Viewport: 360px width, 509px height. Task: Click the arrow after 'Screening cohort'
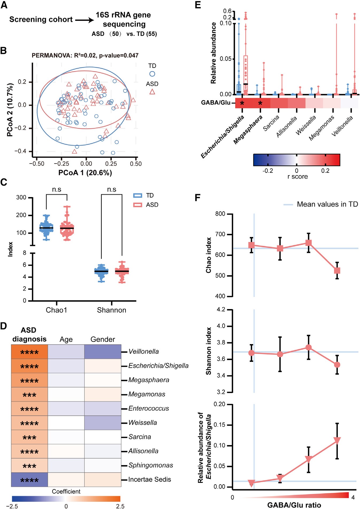point(84,20)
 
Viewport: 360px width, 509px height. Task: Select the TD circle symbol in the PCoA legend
point(152,74)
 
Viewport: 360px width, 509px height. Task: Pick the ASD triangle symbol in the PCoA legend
point(152,92)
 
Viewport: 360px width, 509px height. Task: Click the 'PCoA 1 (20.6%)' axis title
point(85,173)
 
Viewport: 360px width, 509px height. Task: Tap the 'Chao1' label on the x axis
point(56,310)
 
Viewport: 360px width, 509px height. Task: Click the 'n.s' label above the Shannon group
point(111,190)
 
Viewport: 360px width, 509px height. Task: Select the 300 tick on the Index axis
point(21,198)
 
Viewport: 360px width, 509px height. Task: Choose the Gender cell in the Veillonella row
point(103,352)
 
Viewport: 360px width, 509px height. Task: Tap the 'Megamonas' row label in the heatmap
point(147,394)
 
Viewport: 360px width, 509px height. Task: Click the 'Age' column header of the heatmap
point(66,340)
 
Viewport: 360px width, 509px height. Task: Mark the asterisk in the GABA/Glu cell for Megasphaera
point(260,103)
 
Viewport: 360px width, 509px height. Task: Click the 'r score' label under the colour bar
point(297,177)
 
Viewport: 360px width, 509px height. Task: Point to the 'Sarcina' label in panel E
point(271,123)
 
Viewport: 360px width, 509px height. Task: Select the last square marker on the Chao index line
point(337,271)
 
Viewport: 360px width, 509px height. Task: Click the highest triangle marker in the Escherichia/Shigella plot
point(337,440)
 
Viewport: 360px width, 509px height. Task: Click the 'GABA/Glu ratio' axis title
point(294,505)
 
